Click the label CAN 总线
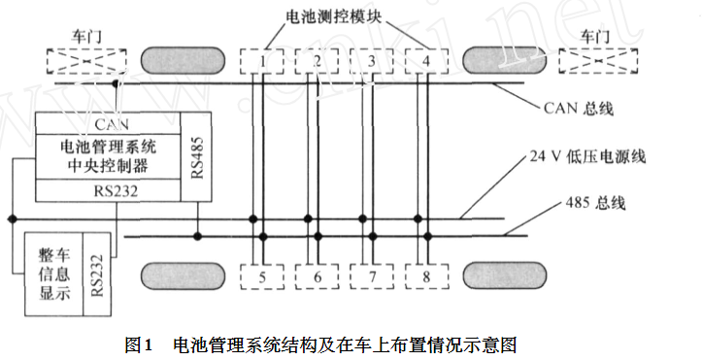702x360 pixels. coord(581,108)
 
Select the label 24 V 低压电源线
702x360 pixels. coord(589,156)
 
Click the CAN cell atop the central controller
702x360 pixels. coord(108,124)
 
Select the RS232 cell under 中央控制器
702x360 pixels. coord(108,191)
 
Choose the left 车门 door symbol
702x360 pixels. coord(79,61)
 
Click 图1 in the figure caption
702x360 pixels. coord(141,344)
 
